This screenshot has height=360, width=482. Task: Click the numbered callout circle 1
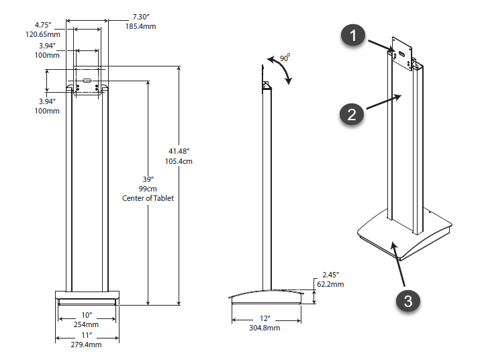point(354,36)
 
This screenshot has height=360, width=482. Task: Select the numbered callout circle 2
point(351,114)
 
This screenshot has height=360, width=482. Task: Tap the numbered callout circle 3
point(408,300)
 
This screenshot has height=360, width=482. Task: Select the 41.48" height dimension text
point(180,151)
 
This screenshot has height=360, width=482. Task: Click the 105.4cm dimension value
point(180,162)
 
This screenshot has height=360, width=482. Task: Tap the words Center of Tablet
point(148,198)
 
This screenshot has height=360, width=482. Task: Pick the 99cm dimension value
point(148,189)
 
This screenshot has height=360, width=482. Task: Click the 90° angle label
point(285,58)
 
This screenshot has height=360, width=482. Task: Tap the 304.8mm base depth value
point(264,328)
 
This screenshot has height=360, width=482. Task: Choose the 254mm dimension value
point(87,324)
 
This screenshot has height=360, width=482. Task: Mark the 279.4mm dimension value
point(87,345)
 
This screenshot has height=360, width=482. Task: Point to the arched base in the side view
point(265,296)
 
